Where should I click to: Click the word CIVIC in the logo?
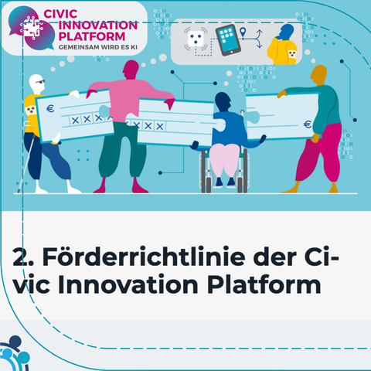[60, 14]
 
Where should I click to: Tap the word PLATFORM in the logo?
[92, 36]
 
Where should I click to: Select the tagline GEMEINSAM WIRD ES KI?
[98, 47]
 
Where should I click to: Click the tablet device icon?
[228, 39]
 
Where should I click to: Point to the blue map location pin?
[243, 32]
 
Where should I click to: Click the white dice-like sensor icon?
[196, 39]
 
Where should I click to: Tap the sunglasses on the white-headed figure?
[40, 82]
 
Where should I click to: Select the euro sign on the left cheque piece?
[50, 108]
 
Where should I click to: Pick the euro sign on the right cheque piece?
[308, 124]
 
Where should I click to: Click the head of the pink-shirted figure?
[131, 70]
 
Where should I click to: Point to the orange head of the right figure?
[318, 74]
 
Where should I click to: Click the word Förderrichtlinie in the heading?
[144, 257]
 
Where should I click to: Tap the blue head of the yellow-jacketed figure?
[286, 32]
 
